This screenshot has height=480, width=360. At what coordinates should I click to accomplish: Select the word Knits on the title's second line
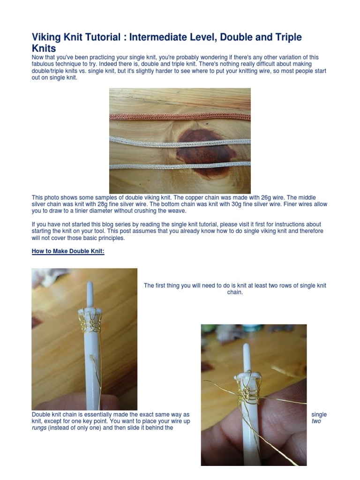tap(44, 48)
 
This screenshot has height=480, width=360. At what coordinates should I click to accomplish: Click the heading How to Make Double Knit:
tap(68, 251)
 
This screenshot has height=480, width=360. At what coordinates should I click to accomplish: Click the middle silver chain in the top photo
tap(180, 140)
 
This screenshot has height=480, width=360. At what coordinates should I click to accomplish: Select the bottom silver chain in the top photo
tap(180, 165)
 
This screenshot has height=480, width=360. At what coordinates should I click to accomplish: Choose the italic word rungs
tap(39, 427)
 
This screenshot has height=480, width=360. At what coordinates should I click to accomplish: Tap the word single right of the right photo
tap(319, 414)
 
